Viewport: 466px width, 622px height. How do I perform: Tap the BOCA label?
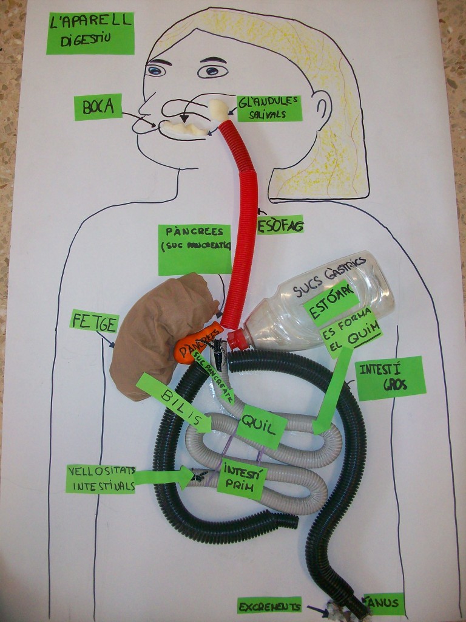(x=98, y=107)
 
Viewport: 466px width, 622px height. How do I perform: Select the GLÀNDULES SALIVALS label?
(x=269, y=108)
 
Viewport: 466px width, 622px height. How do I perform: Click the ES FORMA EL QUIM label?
(x=352, y=335)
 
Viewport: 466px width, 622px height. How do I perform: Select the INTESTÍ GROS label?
(x=391, y=378)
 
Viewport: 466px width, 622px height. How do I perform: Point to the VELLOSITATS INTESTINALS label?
(x=101, y=479)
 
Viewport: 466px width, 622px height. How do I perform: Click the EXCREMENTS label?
(x=269, y=605)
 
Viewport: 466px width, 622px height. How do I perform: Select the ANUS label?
(x=383, y=603)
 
